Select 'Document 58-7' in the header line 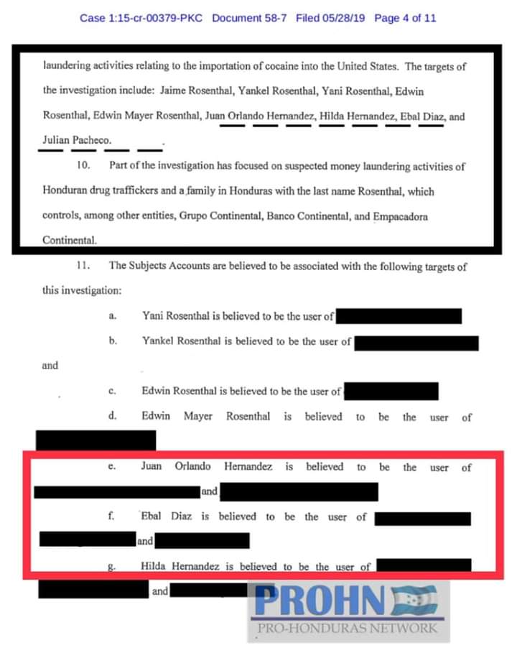coord(250,18)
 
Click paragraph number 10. coord(83,167)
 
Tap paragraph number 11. coord(83,266)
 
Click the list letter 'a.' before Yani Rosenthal coord(113,316)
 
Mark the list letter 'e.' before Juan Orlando coord(112,467)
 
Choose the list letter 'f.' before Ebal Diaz coord(112,517)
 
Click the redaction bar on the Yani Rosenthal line coord(399,316)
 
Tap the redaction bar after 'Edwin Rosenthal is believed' coord(391,392)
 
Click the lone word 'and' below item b coord(50,366)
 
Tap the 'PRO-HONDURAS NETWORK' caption coord(348,629)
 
